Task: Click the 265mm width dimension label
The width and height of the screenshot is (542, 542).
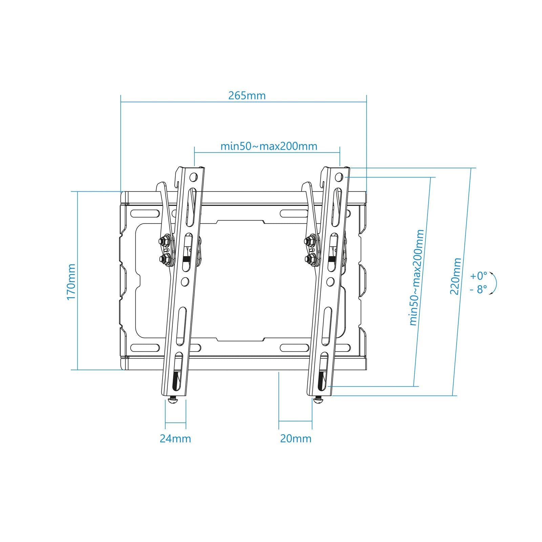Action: point(247,96)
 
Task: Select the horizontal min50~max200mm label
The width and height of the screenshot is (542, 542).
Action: point(269,146)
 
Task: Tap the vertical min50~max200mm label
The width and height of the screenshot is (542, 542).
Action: point(417,277)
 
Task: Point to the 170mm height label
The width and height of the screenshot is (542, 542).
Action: point(71,282)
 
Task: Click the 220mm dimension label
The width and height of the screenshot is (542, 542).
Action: point(456,276)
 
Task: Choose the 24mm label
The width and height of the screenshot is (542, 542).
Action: point(175,439)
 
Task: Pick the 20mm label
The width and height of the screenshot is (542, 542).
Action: point(295,439)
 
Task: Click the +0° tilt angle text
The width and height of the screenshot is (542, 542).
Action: point(478,276)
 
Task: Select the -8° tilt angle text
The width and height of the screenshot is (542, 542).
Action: point(478,290)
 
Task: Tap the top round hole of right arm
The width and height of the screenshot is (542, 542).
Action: point(339,177)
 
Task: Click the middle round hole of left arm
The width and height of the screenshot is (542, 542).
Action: point(185,281)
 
